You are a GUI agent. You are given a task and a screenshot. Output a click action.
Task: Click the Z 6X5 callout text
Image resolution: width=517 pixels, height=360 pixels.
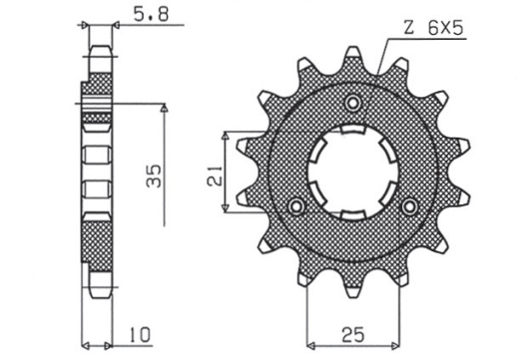pyautogui.click(x=435, y=31)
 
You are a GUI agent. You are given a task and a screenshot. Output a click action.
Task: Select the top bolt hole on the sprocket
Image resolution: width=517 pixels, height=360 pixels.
pyautogui.click(x=351, y=103)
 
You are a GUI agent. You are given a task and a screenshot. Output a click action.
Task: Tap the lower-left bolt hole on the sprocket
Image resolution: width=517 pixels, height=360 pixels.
pyautogui.click(x=294, y=205)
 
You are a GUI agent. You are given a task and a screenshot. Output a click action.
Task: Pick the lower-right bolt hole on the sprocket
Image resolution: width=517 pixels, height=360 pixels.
pyautogui.click(x=408, y=205)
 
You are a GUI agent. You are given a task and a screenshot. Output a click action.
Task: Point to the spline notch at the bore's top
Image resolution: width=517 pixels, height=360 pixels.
pyautogui.click(x=350, y=133)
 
